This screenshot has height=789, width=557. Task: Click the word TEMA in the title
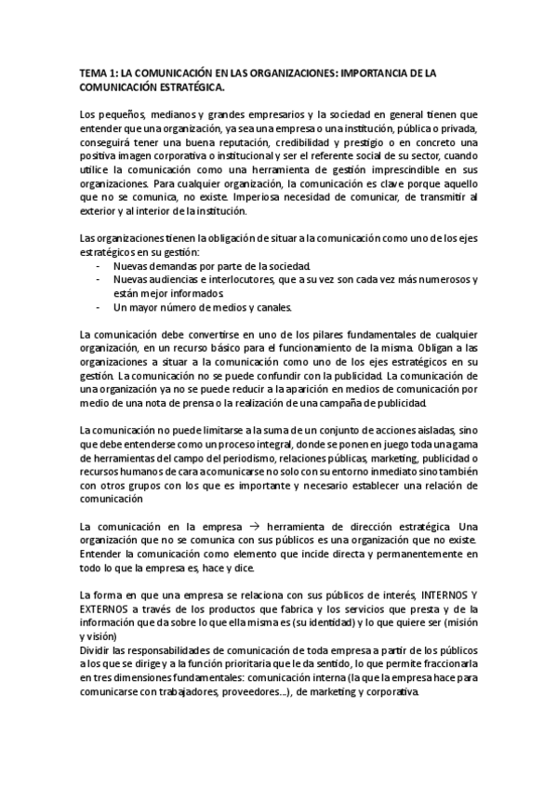tap(93, 72)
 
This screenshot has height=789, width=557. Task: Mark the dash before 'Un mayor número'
tap(99, 308)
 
